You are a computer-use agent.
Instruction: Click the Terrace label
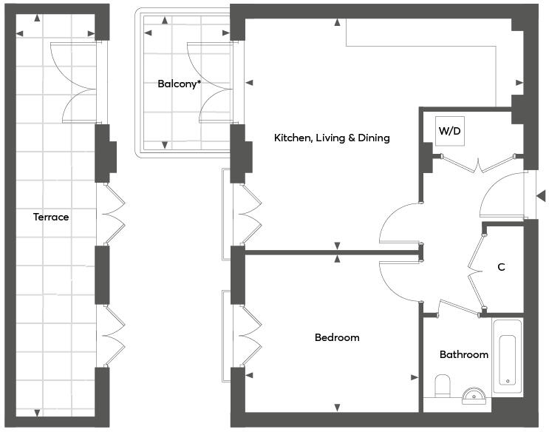[51, 217]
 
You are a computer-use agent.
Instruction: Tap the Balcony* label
[180, 84]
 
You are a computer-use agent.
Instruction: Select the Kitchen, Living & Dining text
[332, 138]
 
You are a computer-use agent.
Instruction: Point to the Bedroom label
[337, 337]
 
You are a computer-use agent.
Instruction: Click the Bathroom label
[464, 354]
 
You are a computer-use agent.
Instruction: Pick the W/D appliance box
[450, 131]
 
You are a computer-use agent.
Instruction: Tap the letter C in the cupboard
[502, 267]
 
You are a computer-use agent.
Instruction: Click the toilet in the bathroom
[442, 385]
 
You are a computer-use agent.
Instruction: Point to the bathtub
[508, 357]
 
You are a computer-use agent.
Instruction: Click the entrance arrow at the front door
[542, 196]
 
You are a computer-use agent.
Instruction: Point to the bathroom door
[460, 308]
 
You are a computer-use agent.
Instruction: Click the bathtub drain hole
[508, 381]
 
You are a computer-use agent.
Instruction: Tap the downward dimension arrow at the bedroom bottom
[337, 408]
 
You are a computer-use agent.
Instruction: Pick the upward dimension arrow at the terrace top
[37, 18]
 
